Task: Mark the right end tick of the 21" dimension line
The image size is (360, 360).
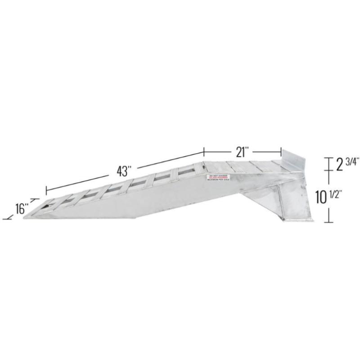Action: pyautogui.click(x=281, y=152)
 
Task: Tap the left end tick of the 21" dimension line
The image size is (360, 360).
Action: pyautogui.click(x=204, y=152)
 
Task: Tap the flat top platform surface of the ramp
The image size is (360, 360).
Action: pyautogui.click(x=243, y=166)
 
